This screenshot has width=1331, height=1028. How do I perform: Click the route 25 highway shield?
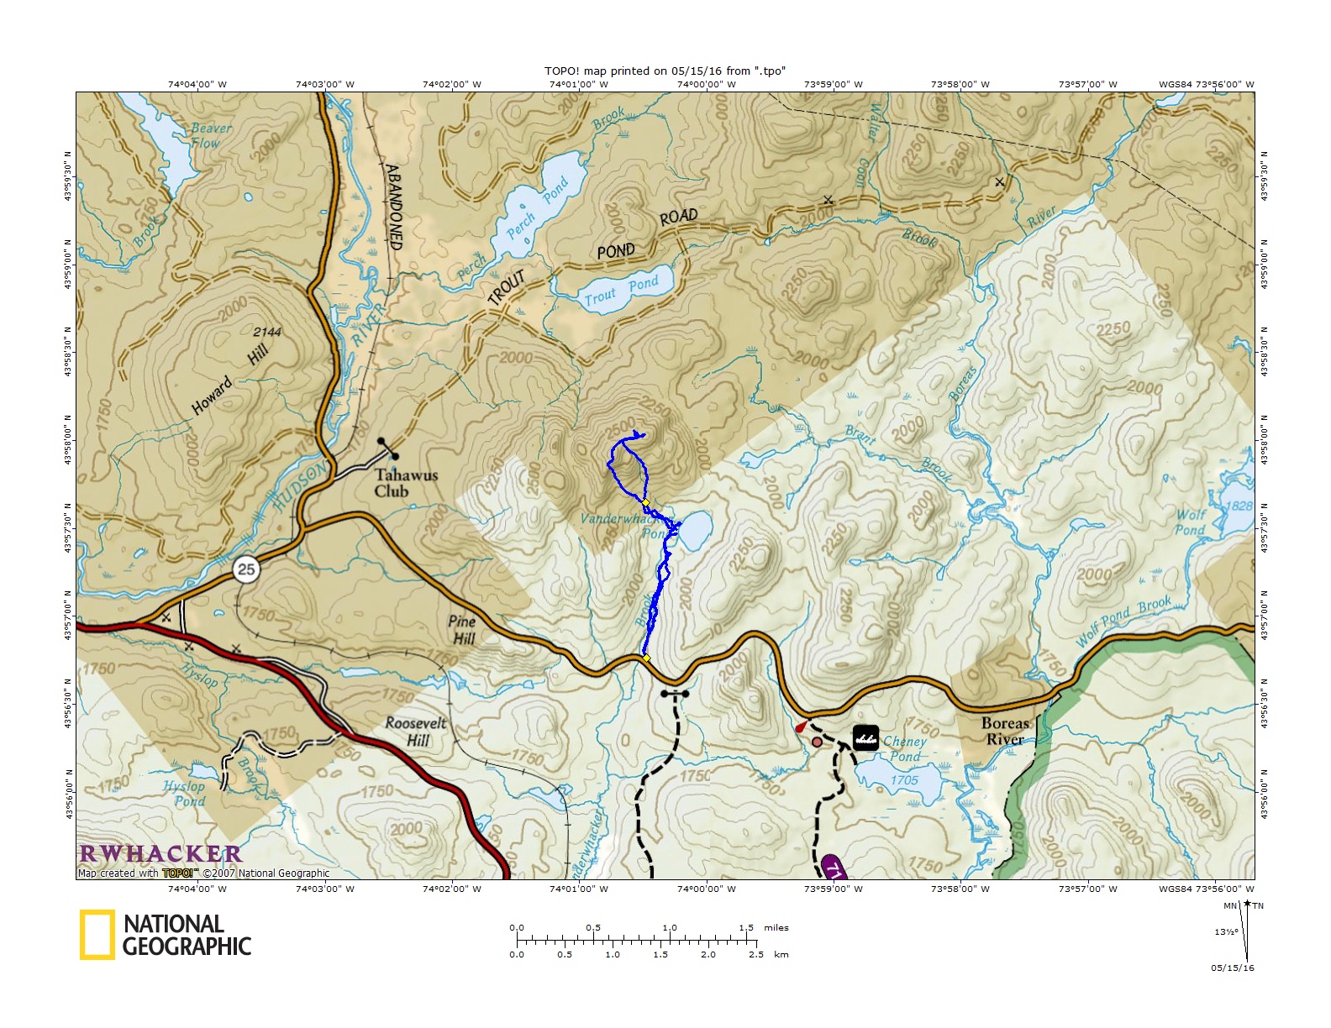[245, 569]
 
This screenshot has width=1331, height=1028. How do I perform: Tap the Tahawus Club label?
[406, 484]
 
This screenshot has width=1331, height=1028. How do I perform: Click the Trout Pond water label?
[622, 291]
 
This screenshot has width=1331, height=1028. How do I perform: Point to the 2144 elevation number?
[267, 332]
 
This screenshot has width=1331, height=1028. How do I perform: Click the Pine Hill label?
[462, 630]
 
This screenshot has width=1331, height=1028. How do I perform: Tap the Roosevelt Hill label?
[416, 732]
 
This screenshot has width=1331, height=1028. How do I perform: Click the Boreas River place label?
[1005, 732]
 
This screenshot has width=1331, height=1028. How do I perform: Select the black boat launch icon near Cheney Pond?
[865, 737]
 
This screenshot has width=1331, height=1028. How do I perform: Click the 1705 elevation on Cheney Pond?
[904, 780]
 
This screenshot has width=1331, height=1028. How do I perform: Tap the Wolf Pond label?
[1191, 522]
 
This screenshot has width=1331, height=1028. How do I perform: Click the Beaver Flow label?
[210, 135]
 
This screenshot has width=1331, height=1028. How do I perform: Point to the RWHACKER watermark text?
[160, 854]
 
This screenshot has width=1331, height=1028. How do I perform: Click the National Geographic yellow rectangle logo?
[97, 934]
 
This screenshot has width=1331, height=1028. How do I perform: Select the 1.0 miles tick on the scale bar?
[670, 928]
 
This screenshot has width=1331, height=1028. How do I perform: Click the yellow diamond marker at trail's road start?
[646, 658]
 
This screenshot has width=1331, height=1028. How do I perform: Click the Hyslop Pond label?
[185, 794]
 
